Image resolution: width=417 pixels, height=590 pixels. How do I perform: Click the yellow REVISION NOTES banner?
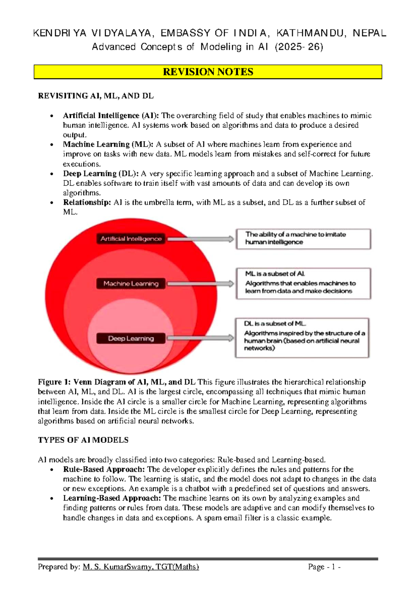tap(208, 72)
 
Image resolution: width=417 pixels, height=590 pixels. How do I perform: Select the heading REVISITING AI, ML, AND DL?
tap(96, 96)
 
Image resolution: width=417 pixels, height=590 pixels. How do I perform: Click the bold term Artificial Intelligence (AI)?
tap(111, 115)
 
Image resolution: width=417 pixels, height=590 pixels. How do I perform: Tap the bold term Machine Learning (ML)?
tap(108, 144)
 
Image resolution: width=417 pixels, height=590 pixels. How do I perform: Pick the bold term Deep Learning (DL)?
tap(101, 174)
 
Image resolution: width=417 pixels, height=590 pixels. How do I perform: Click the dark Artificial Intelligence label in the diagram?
tap(131, 239)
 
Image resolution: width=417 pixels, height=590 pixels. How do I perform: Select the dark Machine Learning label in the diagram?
tap(131, 284)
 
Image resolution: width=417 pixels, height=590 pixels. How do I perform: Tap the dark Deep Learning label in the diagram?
tap(131, 338)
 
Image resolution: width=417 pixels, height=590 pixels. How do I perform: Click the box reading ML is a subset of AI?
tap(303, 283)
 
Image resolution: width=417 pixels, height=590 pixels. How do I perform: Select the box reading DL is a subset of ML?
tap(302, 337)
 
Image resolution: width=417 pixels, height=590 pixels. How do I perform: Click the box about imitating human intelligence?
tap(303, 239)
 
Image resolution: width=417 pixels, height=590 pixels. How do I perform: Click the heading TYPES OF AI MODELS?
tap(83, 440)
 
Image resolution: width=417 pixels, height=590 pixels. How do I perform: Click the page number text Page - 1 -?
tap(324, 567)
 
